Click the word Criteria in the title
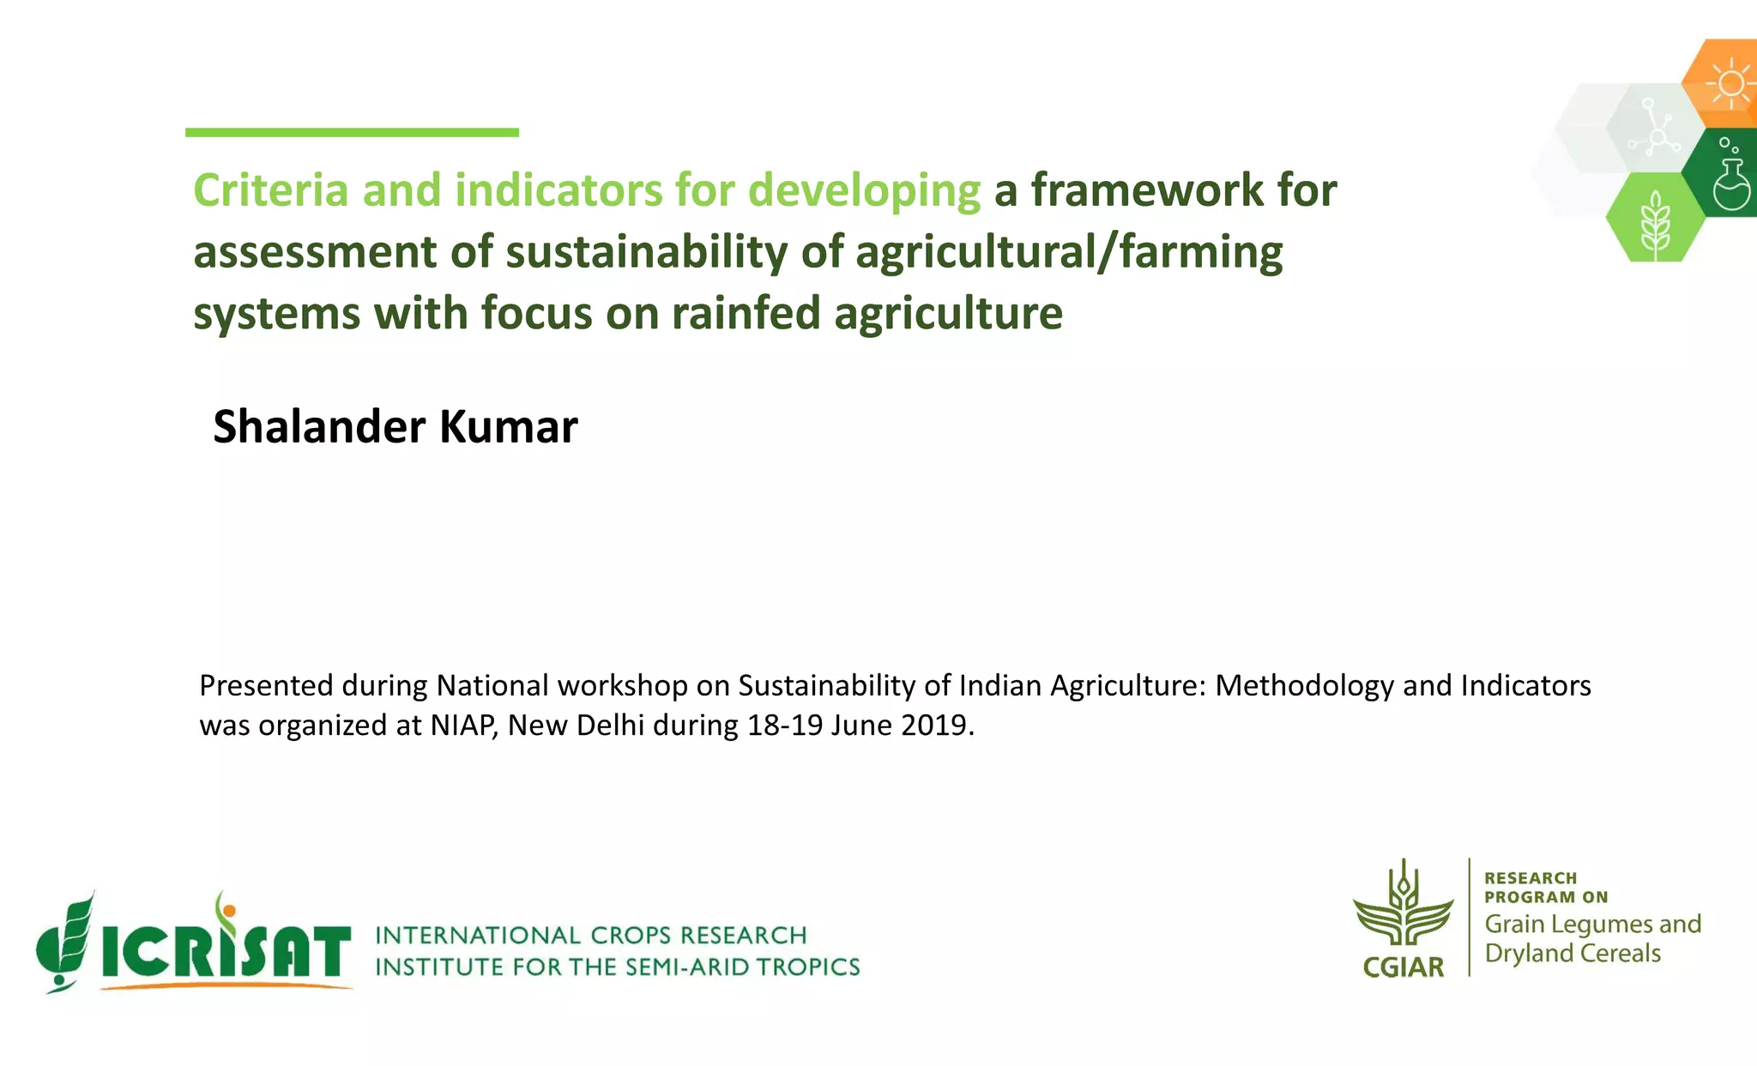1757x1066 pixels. point(270,190)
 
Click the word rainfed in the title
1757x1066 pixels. point(746,313)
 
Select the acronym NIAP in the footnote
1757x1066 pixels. point(462,726)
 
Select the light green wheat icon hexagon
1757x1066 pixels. point(1655,218)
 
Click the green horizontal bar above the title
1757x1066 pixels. point(352,132)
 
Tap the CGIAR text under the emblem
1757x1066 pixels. point(1404,967)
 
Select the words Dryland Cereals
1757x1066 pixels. point(1573,954)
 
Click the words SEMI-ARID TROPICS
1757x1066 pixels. point(742,967)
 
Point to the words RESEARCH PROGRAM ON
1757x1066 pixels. point(1544,888)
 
